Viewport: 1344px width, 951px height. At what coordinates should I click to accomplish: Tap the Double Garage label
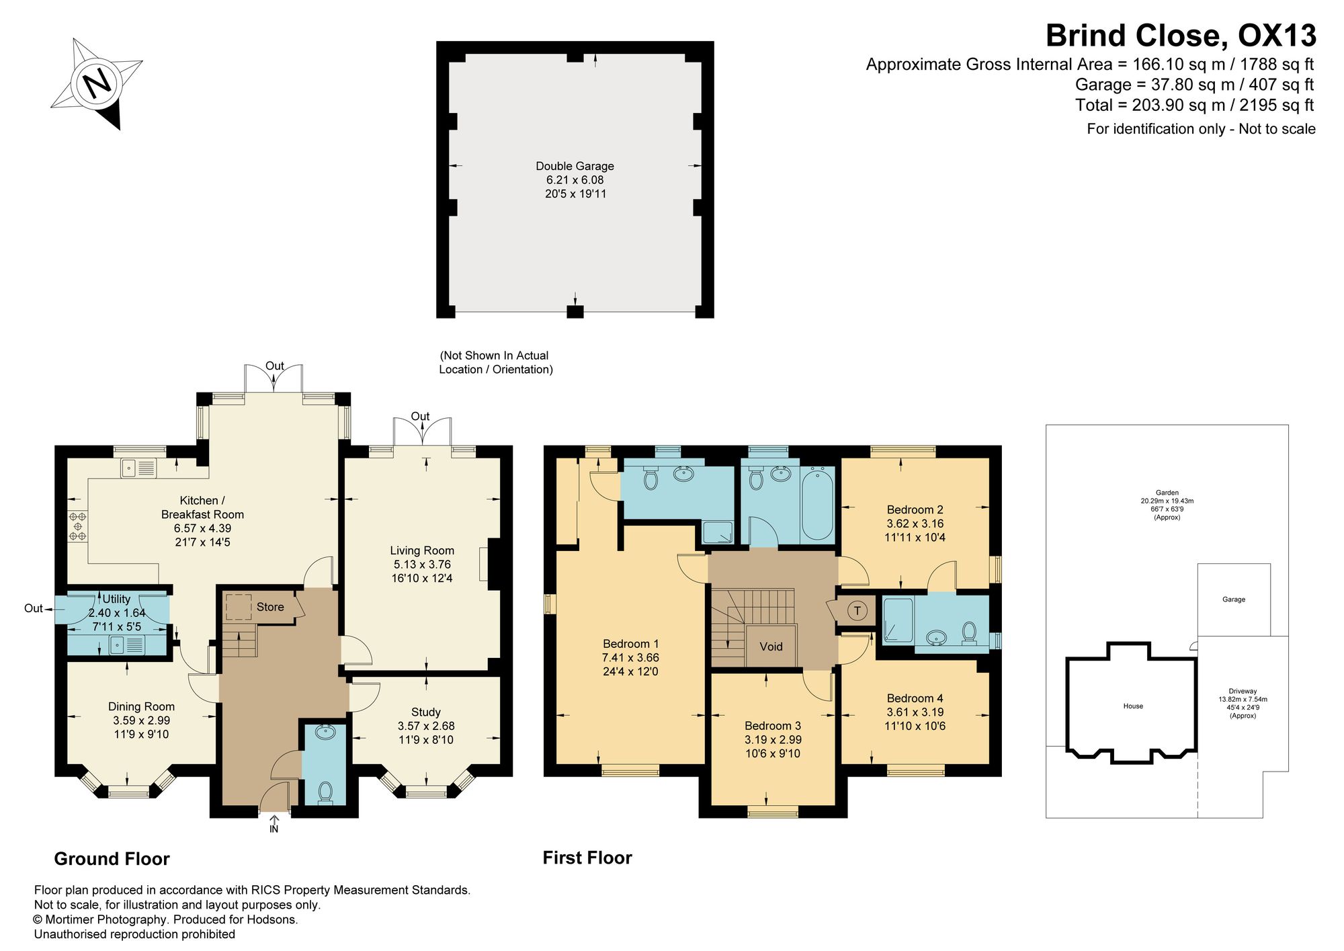575,166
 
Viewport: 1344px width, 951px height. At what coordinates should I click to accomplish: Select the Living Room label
422,550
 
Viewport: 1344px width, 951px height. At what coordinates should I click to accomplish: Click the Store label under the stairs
270,607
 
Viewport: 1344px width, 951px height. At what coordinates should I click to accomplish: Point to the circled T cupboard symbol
857,611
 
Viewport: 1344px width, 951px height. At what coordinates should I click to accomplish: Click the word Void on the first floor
771,647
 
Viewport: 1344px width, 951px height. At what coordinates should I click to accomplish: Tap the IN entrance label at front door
274,829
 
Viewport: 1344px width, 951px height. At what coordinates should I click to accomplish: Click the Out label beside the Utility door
34,608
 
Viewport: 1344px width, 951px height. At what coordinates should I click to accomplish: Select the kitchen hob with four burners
77,526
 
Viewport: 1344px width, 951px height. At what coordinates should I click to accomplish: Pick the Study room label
426,712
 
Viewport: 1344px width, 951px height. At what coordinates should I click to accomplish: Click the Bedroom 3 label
773,726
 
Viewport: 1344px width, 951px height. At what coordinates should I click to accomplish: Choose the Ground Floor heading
112,859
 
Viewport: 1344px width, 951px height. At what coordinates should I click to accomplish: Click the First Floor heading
587,858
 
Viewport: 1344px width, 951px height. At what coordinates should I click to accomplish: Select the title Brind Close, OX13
1181,36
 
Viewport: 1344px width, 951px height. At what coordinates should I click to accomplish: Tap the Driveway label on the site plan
1243,691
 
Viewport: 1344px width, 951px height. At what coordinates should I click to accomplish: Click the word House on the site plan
1133,706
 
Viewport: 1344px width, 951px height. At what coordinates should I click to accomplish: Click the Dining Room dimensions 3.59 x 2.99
142,720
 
